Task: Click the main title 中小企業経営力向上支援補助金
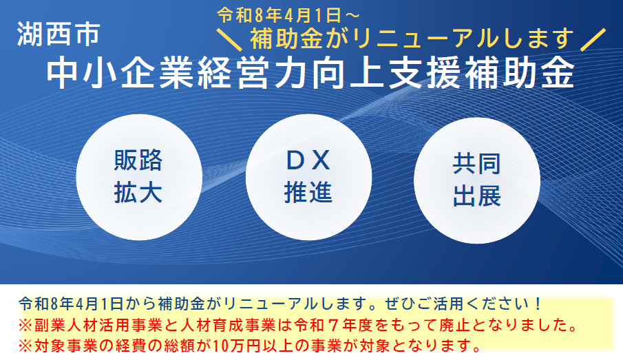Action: [310, 74]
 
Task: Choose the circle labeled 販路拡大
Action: [138, 177]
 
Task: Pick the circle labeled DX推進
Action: [308, 177]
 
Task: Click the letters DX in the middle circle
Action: [308, 161]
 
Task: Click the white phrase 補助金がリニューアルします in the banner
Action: [412, 36]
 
